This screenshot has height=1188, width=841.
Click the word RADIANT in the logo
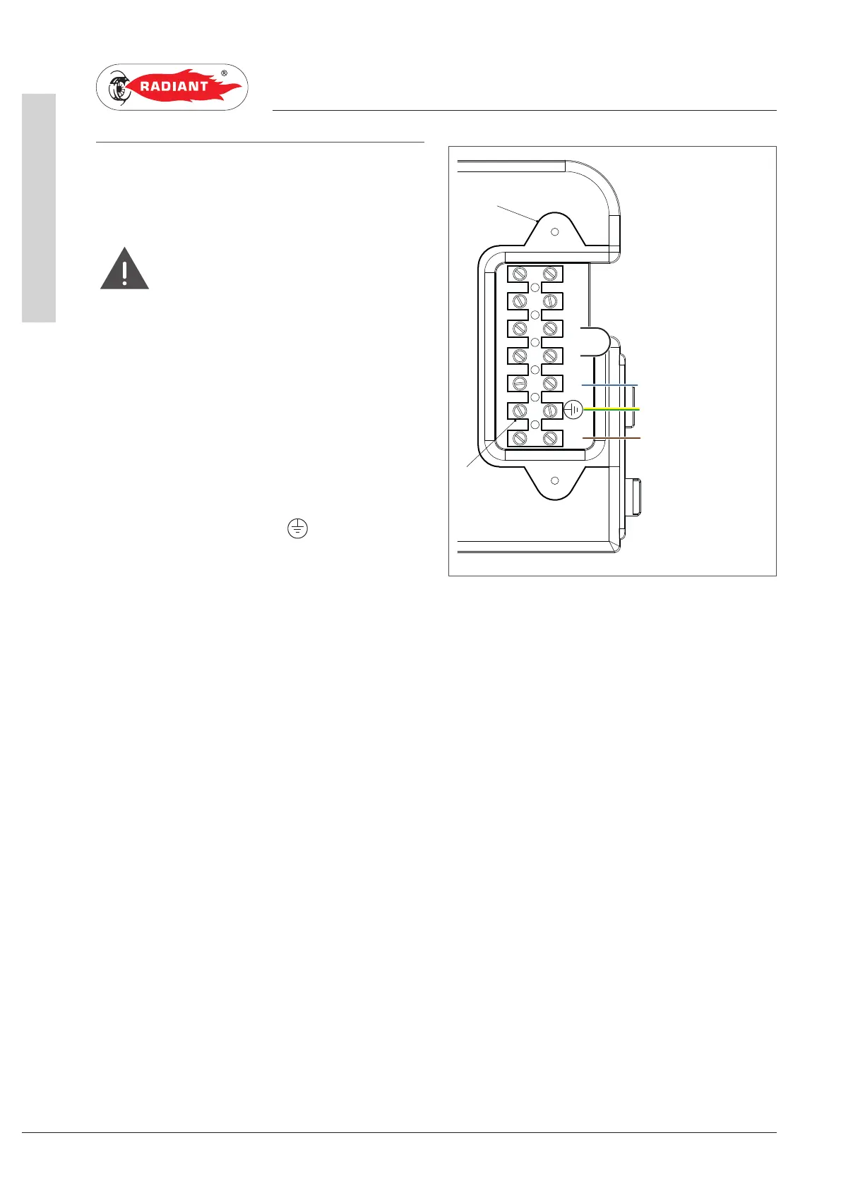174,87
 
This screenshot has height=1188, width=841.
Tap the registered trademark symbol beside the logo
225,73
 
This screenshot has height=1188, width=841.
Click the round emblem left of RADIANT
117,87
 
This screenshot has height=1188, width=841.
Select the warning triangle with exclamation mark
124,269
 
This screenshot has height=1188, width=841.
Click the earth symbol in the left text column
297,528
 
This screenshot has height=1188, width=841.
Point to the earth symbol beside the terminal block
573,409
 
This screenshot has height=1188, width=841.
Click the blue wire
610,385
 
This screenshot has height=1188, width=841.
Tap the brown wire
612,438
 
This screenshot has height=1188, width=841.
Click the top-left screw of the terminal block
520,274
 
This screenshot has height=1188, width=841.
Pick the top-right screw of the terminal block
550,274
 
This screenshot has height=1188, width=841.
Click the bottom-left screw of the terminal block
520,438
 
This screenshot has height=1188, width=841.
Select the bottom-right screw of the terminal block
550,438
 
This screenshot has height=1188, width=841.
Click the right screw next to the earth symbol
550,411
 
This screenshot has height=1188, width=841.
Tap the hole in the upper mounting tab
555,231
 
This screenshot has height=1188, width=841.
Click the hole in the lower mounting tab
555,480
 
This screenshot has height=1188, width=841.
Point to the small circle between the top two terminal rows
535,287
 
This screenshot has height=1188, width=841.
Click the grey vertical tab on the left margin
39,207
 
